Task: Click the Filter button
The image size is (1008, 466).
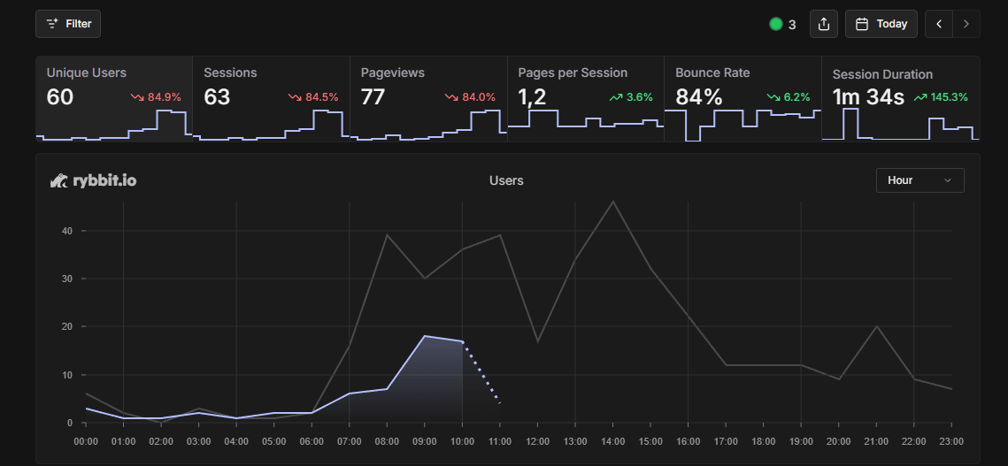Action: [68, 24]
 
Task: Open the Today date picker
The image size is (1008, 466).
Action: [881, 24]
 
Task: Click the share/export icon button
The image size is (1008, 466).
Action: [823, 24]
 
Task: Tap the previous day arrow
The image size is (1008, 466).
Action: [939, 24]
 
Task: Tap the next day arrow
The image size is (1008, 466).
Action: [966, 24]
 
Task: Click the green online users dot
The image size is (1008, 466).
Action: [776, 24]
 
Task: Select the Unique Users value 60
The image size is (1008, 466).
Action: [60, 96]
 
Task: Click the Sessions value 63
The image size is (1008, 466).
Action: [217, 96]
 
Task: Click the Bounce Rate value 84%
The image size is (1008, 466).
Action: [698, 96]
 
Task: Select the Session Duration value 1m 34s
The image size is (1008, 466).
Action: [868, 96]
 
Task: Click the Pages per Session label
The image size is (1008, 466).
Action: [573, 73]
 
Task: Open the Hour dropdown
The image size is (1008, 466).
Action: [920, 180]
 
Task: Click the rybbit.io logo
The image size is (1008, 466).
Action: [93, 180]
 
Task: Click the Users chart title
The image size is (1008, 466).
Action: [506, 180]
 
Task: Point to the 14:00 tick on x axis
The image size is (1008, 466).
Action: [612, 440]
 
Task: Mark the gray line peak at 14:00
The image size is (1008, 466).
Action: [612, 202]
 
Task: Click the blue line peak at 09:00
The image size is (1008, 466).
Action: [425, 336]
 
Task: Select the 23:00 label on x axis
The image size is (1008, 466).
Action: [951, 440]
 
